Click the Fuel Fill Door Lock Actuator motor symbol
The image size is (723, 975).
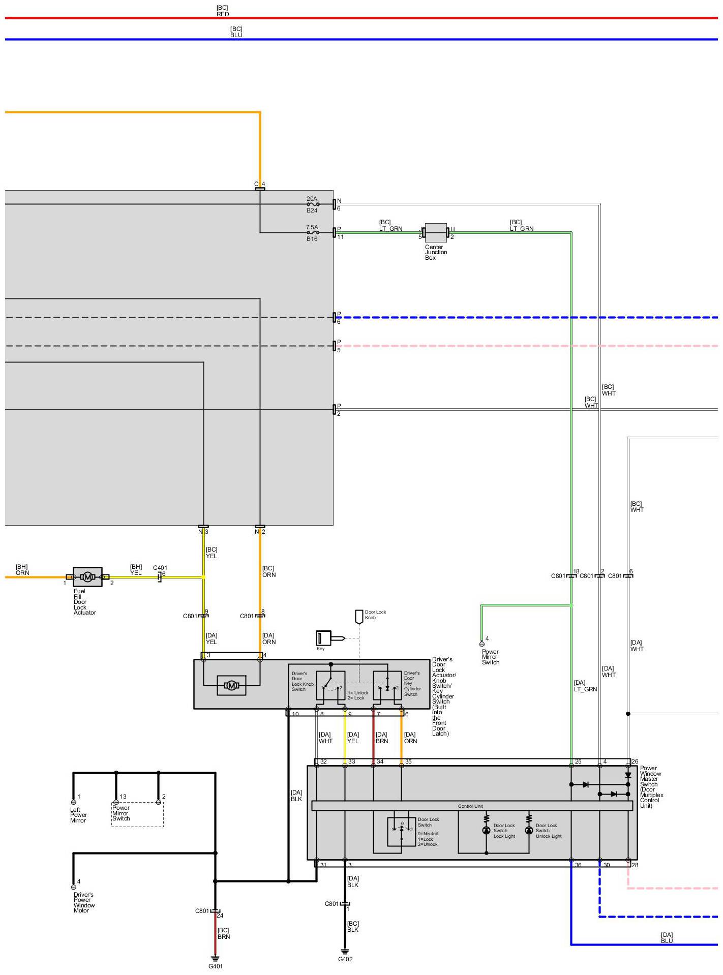pyautogui.click(x=87, y=576)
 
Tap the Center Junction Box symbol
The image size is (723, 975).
pyautogui.click(x=436, y=233)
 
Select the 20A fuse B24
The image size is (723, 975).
pyautogui.click(x=313, y=204)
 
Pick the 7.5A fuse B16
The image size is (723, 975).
pyautogui.click(x=313, y=233)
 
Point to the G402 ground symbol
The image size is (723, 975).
pyautogui.click(x=345, y=951)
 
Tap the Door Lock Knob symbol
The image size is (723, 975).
pyautogui.click(x=359, y=617)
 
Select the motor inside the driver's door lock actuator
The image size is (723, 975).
pyautogui.click(x=232, y=686)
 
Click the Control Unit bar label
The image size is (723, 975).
pyautogui.click(x=470, y=806)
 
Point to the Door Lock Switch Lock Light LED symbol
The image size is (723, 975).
pyautogui.click(x=486, y=830)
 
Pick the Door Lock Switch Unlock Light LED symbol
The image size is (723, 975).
pyautogui.click(x=529, y=830)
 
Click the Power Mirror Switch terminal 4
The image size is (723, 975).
pyautogui.click(x=482, y=644)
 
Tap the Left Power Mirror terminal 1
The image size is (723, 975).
pyautogui.click(x=74, y=802)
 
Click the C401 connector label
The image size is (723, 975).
pyautogui.click(x=160, y=568)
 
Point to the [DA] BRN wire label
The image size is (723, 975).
pyautogui.click(x=381, y=738)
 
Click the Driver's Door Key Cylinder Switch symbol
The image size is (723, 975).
pyautogui.click(x=387, y=685)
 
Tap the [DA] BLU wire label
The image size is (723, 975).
pyautogui.click(x=667, y=937)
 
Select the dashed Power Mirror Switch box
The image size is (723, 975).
pyautogui.click(x=137, y=814)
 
